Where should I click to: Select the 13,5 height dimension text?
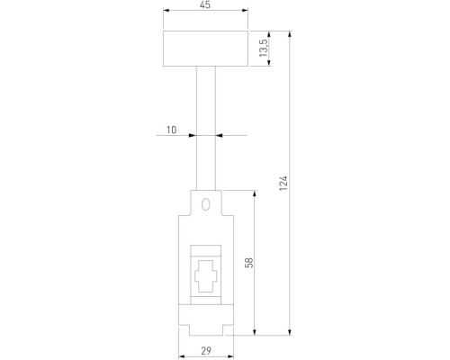[x=264, y=49]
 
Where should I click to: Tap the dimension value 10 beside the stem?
[x=171, y=130]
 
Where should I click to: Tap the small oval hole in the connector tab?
[x=206, y=204]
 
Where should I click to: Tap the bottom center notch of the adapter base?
[x=206, y=328]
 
